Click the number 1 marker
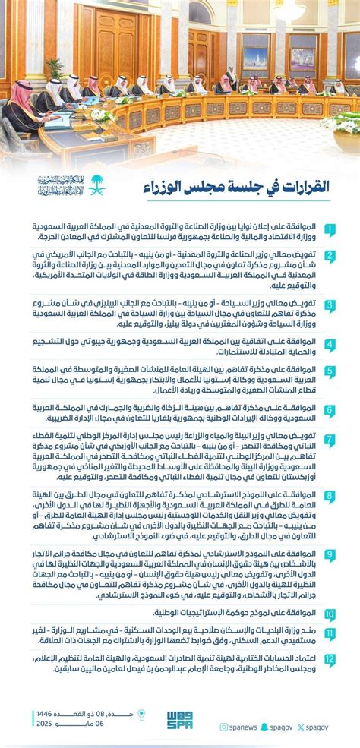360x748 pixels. pyautogui.click(x=330, y=229)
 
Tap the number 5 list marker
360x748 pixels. pyautogui.click(x=330, y=372)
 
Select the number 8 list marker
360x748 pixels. pyautogui.click(x=330, y=497)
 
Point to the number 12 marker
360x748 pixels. pyautogui.click(x=330, y=661)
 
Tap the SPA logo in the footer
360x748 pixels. pyautogui.click(x=179, y=719)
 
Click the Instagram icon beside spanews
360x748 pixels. pyautogui.click(x=224, y=727)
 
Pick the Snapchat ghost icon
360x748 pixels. pyautogui.click(x=265, y=727)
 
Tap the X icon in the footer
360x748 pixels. pyautogui.click(x=302, y=727)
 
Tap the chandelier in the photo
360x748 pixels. pyautogui.click(x=289, y=9)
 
